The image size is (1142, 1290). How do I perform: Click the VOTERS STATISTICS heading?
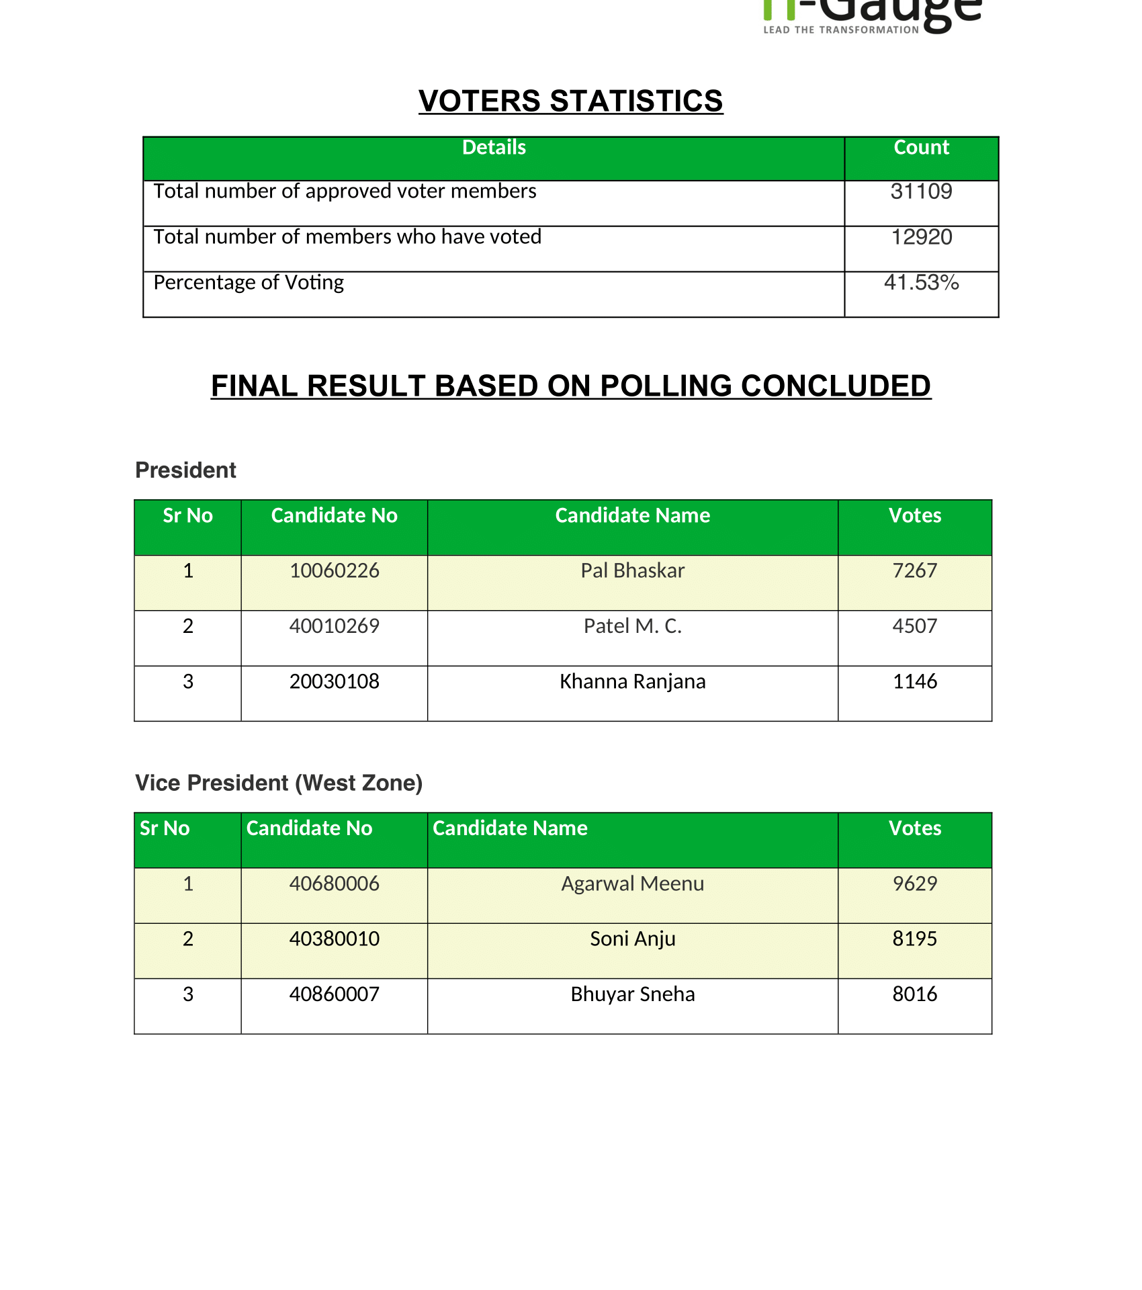tap(570, 101)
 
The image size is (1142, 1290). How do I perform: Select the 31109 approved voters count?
tap(921, 191)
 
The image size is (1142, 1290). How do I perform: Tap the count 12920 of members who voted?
tap(921, 237)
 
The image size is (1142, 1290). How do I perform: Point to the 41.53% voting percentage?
tap(921, 282)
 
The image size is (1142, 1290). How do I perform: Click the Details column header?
tap(494, 147)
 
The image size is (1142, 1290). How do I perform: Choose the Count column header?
tap(921, 147)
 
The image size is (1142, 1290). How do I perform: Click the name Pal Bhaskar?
tap(632, 570)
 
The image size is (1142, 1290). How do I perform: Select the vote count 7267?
tap(914, 570)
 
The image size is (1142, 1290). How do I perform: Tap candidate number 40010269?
tap(334, 626)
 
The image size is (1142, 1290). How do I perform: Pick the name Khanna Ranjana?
tap(632, 681)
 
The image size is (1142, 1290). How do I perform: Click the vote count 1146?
tap(914, 681)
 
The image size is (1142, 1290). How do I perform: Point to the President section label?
tap(185, 470)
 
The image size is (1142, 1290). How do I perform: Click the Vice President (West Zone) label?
tap(279, 783)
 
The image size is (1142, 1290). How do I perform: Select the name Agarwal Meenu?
tap(632, 884)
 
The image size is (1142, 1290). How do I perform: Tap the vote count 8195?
tap(914, 939)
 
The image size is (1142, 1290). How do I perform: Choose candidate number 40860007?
tap(334, 994)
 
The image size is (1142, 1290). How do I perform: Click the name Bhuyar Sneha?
tap(632, 994)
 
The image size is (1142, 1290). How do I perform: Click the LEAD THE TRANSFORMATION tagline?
tap(841, 30)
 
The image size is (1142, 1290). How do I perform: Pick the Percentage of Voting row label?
tap(249, 282)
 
